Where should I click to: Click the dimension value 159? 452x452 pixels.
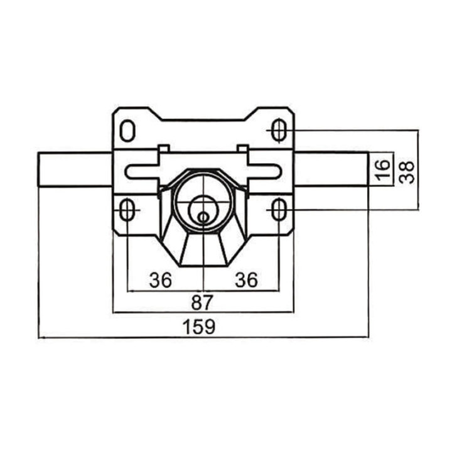point(200,326)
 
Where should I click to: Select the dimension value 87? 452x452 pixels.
point(202,302)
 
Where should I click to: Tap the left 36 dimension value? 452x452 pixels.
point(160,280)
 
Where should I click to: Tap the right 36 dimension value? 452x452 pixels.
point(246,280)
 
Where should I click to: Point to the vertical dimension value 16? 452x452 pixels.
point(384,170)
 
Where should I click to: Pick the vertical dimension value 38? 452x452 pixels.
point(407,172)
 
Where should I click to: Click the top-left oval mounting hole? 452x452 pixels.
point(127,131)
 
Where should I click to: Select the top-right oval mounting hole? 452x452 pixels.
point(279,131)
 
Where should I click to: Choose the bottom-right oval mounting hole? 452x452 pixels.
point(279,210)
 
